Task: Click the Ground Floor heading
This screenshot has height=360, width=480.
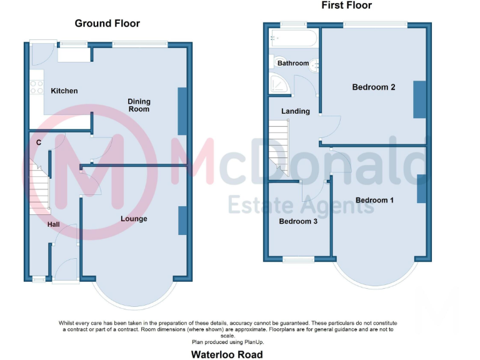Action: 107,24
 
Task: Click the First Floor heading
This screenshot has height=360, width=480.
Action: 346,6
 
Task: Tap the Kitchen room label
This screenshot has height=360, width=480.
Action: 64,91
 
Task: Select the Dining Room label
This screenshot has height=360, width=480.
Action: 139,105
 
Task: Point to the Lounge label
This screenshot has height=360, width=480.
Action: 134,219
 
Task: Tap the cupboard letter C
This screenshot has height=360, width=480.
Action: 39,142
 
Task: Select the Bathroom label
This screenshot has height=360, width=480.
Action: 293,63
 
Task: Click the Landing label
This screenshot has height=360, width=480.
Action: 295,111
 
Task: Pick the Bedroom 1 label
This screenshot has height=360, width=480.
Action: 374,200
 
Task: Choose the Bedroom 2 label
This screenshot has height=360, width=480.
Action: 373,87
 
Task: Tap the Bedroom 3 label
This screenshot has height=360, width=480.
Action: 298,221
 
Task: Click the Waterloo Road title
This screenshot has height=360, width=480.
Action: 226,354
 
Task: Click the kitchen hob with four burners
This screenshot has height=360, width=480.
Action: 36,87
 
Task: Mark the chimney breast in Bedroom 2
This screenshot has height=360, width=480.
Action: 419,99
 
